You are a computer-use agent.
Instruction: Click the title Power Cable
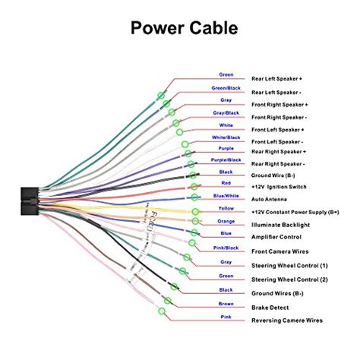coord(179,29)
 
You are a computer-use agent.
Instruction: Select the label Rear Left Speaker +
coord(277,77)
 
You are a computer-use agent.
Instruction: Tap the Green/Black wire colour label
coord(226,87)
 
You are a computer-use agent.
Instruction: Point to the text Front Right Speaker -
coord(279,118)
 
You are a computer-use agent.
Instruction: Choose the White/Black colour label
coord(226,137)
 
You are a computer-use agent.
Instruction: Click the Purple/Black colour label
coord(226,160)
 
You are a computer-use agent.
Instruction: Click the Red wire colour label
coord(226,183)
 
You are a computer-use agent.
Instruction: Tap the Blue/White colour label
coord(226,195)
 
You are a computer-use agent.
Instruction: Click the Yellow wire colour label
coord(226,207)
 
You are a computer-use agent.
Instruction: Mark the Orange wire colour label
coord(226,221)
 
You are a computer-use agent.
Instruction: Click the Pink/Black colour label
coord(226,247)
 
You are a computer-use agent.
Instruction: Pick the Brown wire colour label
coord(226,303)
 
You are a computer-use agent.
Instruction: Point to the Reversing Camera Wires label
coord(282,320)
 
